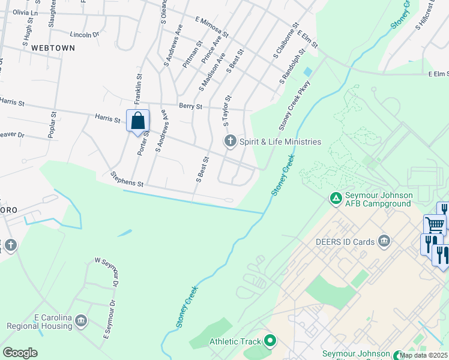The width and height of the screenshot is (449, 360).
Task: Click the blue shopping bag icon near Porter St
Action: [137, 121]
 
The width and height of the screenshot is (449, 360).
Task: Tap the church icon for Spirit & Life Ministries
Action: [229, 142]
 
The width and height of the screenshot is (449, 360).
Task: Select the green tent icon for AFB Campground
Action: [336, 196]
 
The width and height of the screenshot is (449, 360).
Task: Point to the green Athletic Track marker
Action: [270, 341]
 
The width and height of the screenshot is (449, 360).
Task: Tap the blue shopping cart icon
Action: [435, 225]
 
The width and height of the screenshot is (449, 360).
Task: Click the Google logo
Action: [20, 353]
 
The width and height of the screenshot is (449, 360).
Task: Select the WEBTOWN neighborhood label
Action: [53, 47]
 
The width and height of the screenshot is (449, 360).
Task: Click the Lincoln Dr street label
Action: [84, 35]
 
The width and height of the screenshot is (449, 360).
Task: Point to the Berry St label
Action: [191, 106]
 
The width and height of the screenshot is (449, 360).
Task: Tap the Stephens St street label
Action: [127, 179]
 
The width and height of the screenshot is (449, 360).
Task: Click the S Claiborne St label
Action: [286, 41]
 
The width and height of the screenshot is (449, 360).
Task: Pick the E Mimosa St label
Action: [212, 26]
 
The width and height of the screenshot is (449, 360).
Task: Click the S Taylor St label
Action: [227, 110]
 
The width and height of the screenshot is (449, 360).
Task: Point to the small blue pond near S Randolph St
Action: [308, 71]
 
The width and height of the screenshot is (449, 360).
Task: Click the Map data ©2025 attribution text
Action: [423, 355]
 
